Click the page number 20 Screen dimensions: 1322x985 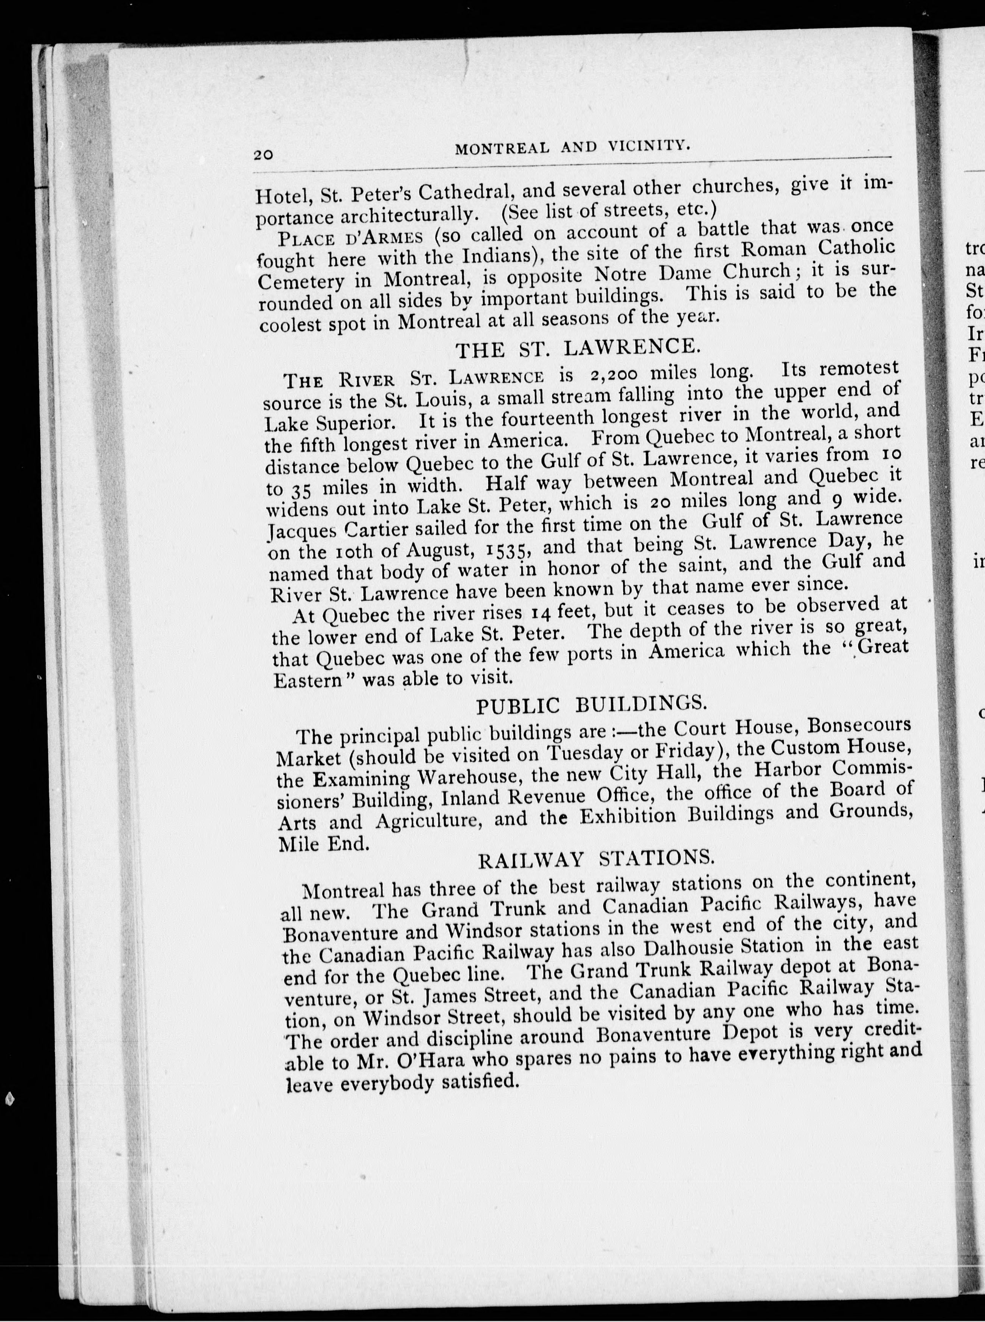coord(263,154)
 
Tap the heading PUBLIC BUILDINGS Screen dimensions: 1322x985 coord(592,705)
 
